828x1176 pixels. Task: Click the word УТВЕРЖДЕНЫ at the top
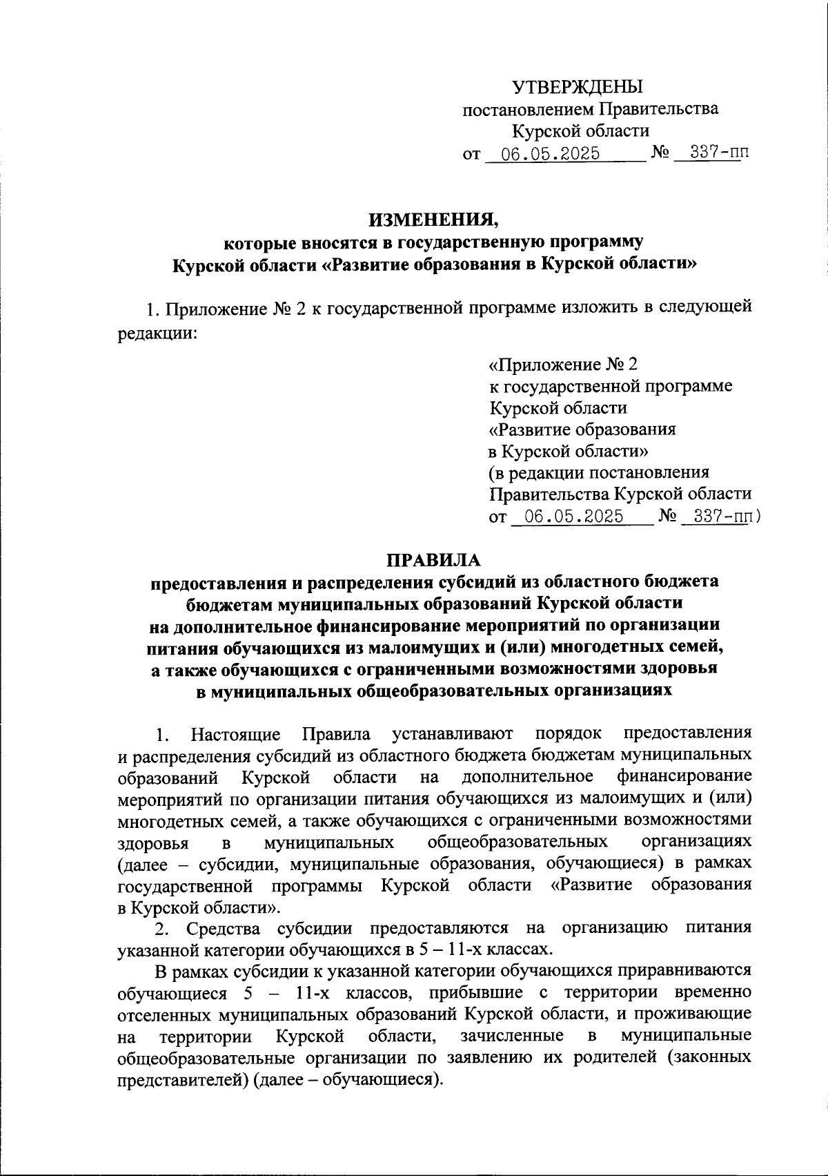click(x=577, y=87)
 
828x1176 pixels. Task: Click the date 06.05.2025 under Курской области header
click(x=550, y=153)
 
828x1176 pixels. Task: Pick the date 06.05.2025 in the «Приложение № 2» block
click(x=574, y=517)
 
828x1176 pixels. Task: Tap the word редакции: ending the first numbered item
click(x=158, y=333)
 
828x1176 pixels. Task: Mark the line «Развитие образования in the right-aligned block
click(x=582, y=430)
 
